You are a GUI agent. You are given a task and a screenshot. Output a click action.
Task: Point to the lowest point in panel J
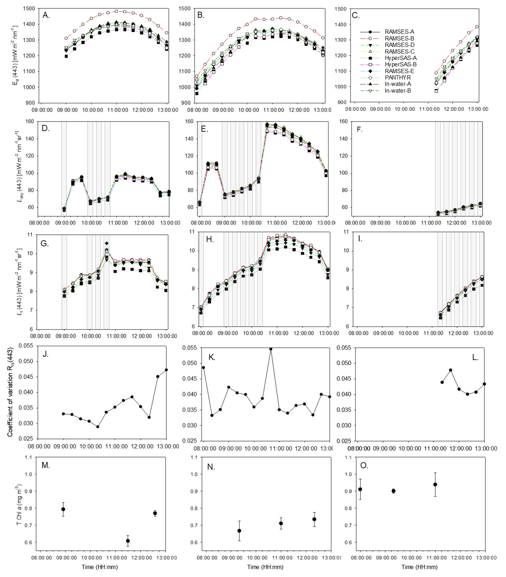(x=98, y=426)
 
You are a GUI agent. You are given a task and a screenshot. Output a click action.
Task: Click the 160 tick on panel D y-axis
(x=30, y=122)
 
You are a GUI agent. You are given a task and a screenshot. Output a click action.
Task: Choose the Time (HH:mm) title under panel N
(x=265, y=567)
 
